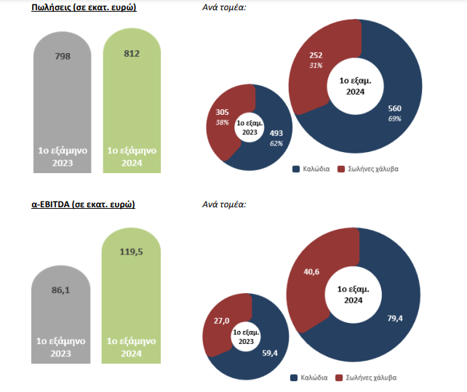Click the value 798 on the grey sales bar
coord(62,55)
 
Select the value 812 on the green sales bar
coord(132,53)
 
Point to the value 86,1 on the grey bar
coord(62,268)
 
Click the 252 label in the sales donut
coord(316,55)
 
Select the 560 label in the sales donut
coord(395,108)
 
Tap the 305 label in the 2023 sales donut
coord(223,112)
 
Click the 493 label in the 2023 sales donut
coord(276,133)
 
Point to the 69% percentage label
coord(395,119)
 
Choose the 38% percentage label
coord(223,122)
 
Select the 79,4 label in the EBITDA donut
coord(396,317)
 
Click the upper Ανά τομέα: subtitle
coord(224,8)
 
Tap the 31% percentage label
coord(316,65)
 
